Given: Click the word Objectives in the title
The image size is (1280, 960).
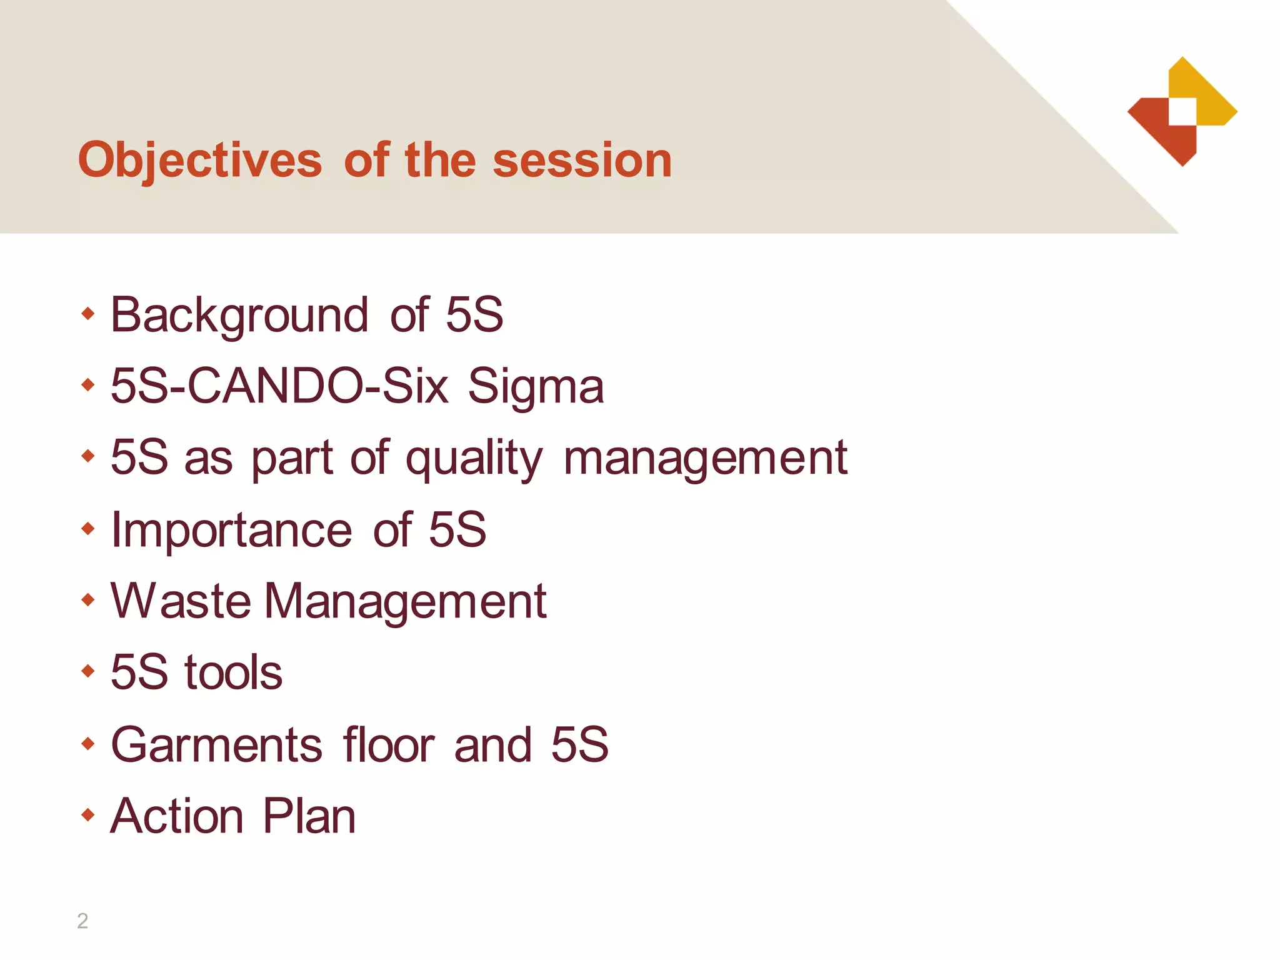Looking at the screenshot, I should point(200,161).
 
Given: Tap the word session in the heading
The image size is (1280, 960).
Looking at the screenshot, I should point(582,161).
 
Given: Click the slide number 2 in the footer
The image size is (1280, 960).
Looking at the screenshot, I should point(82,921).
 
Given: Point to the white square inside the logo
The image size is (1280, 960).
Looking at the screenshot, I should point(1182,112).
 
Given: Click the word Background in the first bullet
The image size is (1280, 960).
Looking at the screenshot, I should point(239,316).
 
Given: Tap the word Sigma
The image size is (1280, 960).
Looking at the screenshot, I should point(536,387).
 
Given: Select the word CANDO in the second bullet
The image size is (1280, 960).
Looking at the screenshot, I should point(276,386).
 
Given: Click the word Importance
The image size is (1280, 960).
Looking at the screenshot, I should point(231,531).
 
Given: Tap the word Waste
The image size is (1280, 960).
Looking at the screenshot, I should point(181,601).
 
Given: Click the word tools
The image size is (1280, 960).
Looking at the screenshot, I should point(233,673).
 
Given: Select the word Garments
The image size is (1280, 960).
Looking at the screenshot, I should point(216,745).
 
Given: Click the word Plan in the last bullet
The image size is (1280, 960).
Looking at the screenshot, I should point(309,817).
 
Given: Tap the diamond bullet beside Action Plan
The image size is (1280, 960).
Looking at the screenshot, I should point(88,815).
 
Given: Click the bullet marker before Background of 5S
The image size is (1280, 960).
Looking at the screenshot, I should point(88,313).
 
